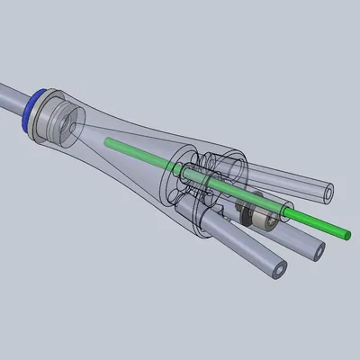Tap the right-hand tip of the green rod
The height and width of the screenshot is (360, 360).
(x=346, y=234)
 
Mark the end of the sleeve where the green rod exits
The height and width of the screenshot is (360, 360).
(x=291, y=212)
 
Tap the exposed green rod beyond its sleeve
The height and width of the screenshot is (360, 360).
(x=319, y=224)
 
